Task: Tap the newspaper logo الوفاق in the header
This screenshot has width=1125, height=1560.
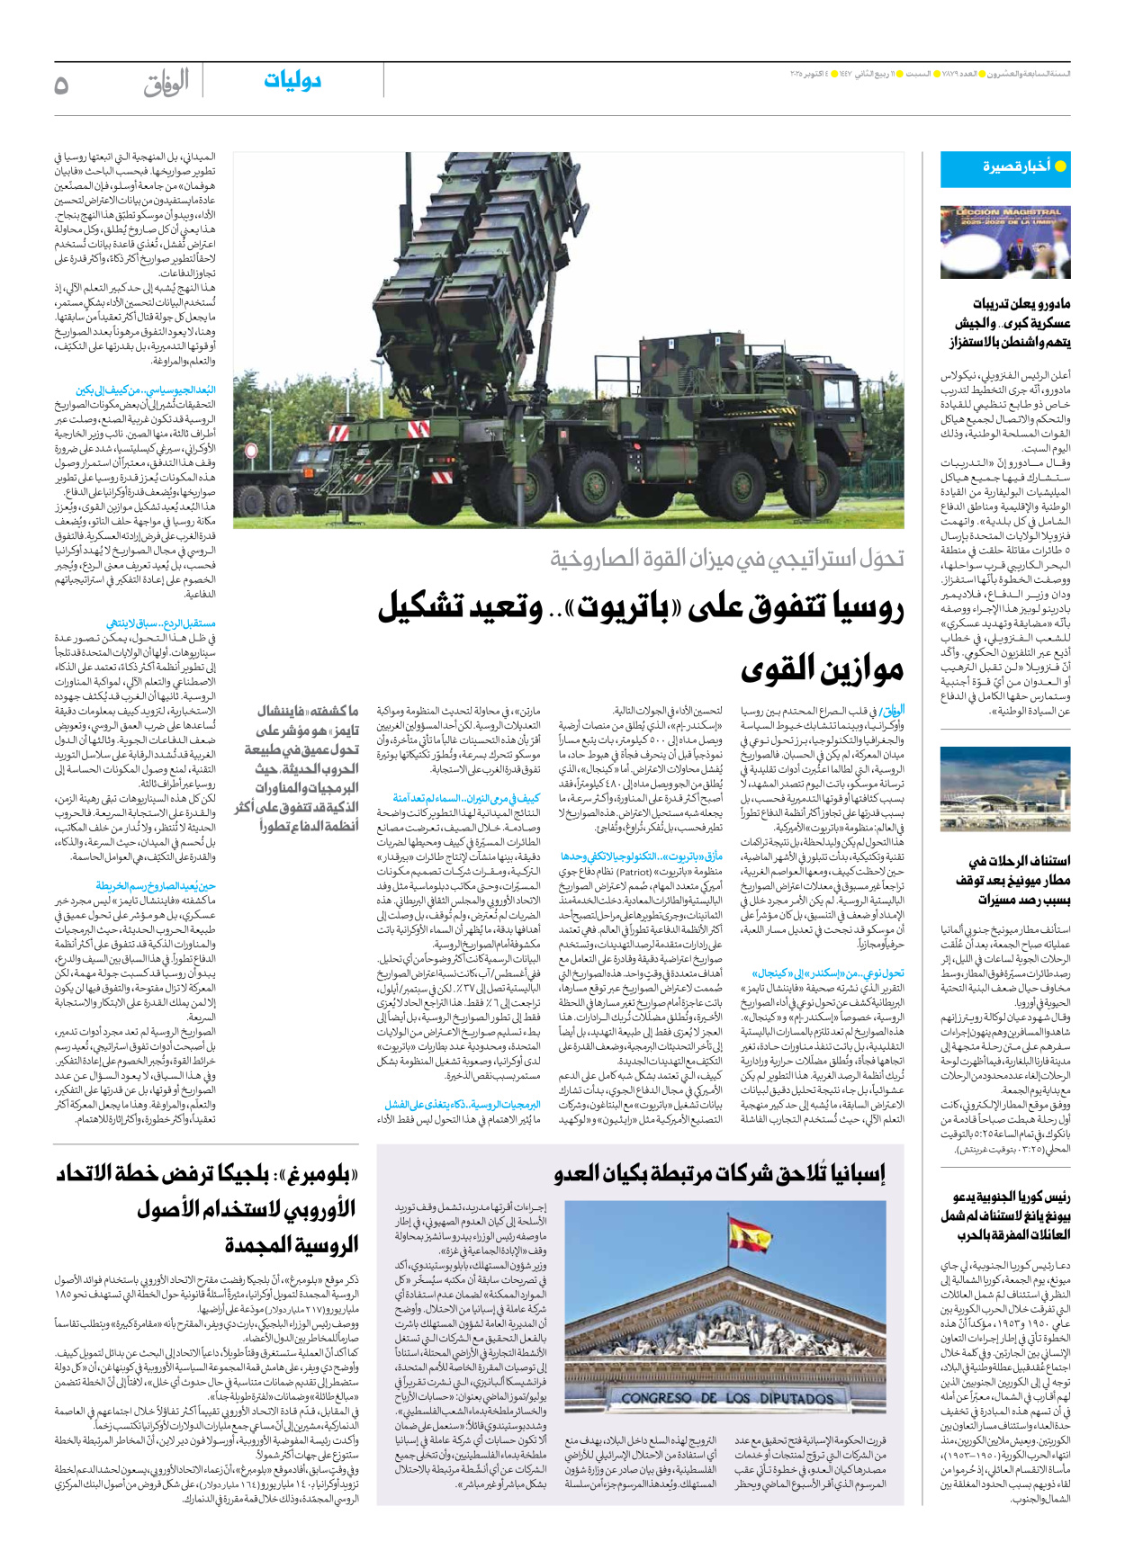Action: [166, 84]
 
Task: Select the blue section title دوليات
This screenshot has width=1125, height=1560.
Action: [292, 81]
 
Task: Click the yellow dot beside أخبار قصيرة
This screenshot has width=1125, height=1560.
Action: [1060, 166]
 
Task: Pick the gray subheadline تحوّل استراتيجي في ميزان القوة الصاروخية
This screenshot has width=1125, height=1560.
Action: [727, 560]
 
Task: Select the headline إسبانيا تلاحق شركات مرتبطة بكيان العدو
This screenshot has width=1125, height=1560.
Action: [720, 1173]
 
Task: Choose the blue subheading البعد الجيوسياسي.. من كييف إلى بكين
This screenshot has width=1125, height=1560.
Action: [146, 390]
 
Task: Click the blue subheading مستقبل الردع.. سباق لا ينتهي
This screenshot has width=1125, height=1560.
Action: [161, 623]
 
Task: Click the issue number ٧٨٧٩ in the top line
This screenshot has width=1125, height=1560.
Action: [967, 73]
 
